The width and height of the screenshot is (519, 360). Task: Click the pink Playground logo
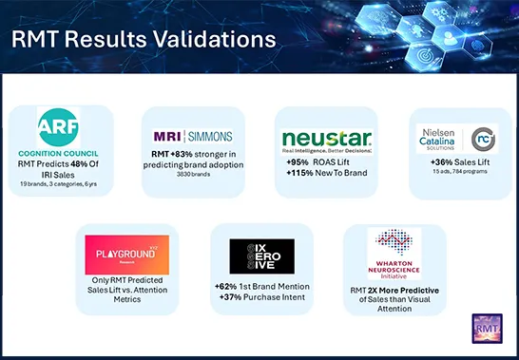[x=126, y=256]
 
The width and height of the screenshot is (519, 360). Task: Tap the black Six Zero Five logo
[x=261, y=256]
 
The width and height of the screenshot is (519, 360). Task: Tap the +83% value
[x=182, y=155]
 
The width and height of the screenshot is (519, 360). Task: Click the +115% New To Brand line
[x=326, y=172]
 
